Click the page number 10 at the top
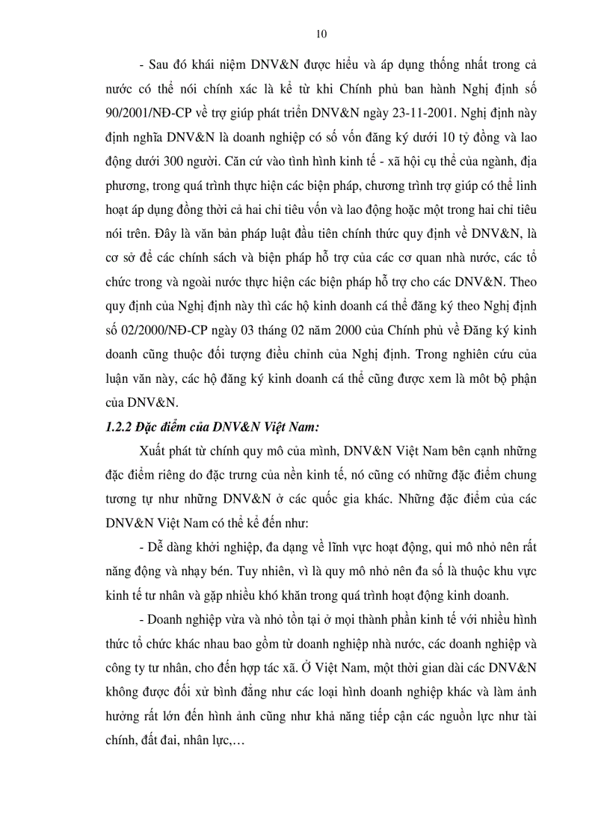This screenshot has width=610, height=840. (x=322, y=34)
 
